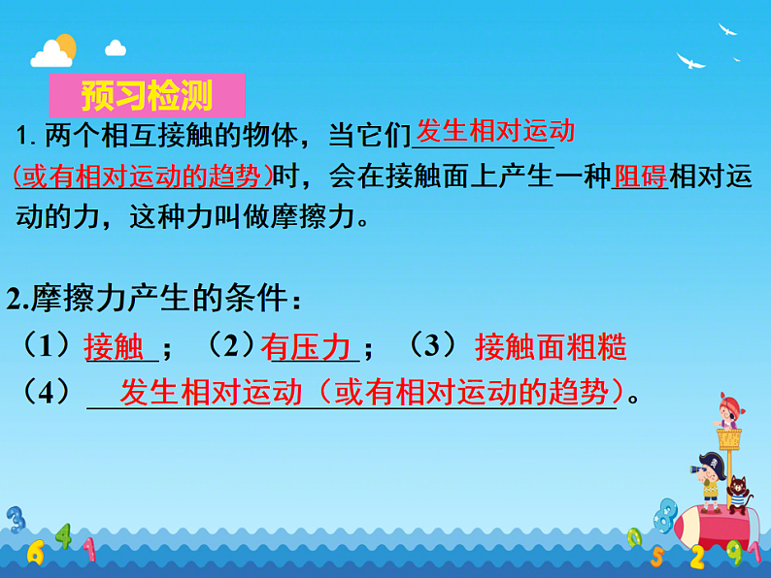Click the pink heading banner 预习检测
coord(147,96)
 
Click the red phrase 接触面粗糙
coord(551,346)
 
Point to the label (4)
coord(46,392)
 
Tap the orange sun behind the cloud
coord(65,45)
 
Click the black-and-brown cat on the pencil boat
coord(738,493)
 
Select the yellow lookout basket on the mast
coord(728,438)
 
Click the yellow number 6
coord(36,552)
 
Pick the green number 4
coord(63,534)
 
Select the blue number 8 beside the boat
coord(665,514)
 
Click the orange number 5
coord(656,557)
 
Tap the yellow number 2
coord(697,557)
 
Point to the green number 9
coord(736,553)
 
